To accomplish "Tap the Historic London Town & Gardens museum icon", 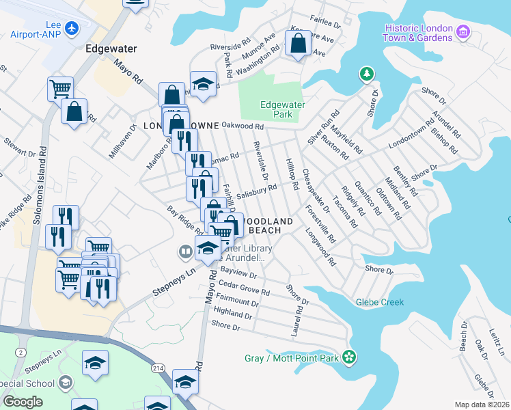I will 463,32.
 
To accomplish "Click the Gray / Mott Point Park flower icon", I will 350,357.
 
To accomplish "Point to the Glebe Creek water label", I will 379,302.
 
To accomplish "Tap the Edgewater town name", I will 111,49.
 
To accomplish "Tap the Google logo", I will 23,401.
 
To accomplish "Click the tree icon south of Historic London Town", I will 367,73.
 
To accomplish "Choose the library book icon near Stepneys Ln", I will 184,253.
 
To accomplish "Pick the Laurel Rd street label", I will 297,320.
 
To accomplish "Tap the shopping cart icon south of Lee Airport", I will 60,87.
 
